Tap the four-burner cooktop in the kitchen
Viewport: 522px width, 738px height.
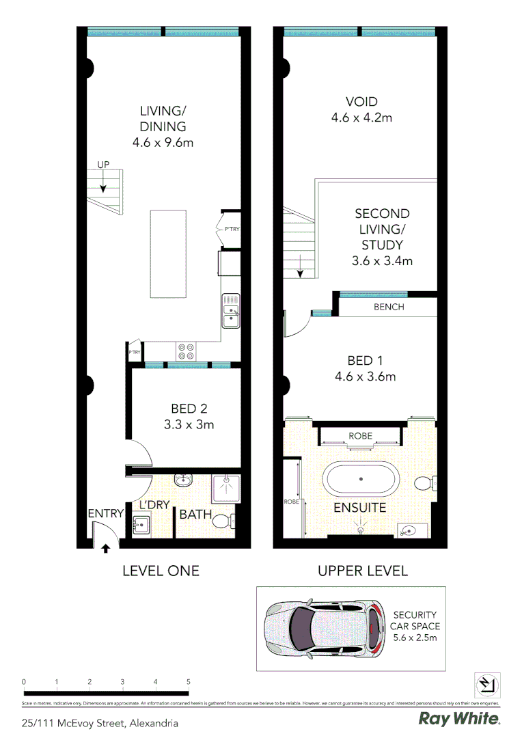pyautogui.click(x=186, y=351)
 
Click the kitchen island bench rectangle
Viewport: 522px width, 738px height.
pyautogui.click(x=168, y=254)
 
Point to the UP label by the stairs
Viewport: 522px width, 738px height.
pyautogui.click(x=102, y=165)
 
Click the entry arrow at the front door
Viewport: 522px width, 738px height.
pyautogui.click(x=105, y=547)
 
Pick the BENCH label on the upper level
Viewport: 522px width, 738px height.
pyautogui.click(x=389, y=307)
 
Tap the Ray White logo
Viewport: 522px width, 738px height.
pyautogui.click(x=459, y=719)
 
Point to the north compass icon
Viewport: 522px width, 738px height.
pyautogui.click(x=487, y=684)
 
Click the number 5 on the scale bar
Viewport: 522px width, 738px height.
pyautogui.click(x=188, y=681)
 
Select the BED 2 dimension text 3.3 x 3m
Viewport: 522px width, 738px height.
pyautogui.click(x=189, y=424)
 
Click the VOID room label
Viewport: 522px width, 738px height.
pyautogui.click(x=361, y=102)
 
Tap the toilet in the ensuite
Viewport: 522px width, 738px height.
pyautogui.click(x=424, y=484)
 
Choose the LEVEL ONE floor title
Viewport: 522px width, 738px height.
pyautogui.click(x=161, y=571)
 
